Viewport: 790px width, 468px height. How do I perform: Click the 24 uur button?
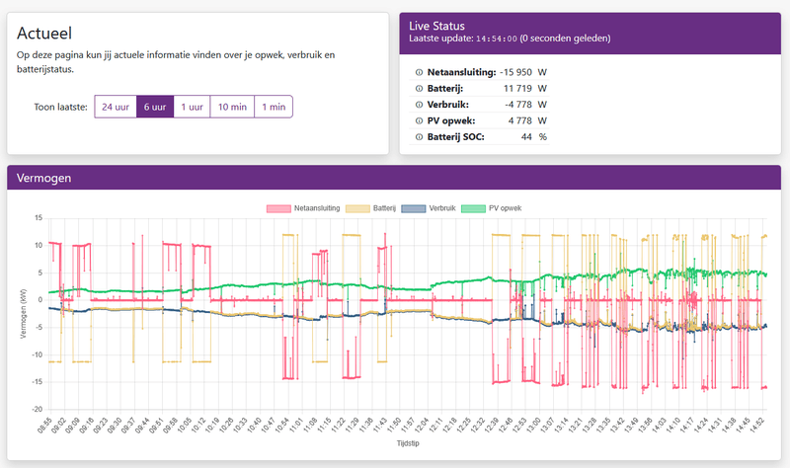(116, 107)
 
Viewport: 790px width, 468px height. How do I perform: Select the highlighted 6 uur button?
(155, 107)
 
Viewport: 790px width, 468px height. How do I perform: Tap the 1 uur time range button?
(193, 107)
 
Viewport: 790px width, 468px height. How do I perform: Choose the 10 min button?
(232, 107)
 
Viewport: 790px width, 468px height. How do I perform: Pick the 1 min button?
(274, 107)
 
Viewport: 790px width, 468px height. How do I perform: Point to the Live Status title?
(436, 25)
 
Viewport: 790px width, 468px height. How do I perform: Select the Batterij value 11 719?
(519, 88)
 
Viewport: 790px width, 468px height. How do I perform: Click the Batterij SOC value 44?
(527, 136)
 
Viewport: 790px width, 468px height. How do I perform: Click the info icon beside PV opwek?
(419, 120)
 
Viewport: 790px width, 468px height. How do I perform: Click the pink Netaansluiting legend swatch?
(277, 208)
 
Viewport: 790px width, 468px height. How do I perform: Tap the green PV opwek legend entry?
(505, 208)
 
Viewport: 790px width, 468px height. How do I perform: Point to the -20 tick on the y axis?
(37, 409)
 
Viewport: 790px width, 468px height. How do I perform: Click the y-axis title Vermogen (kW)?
(23, 313)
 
